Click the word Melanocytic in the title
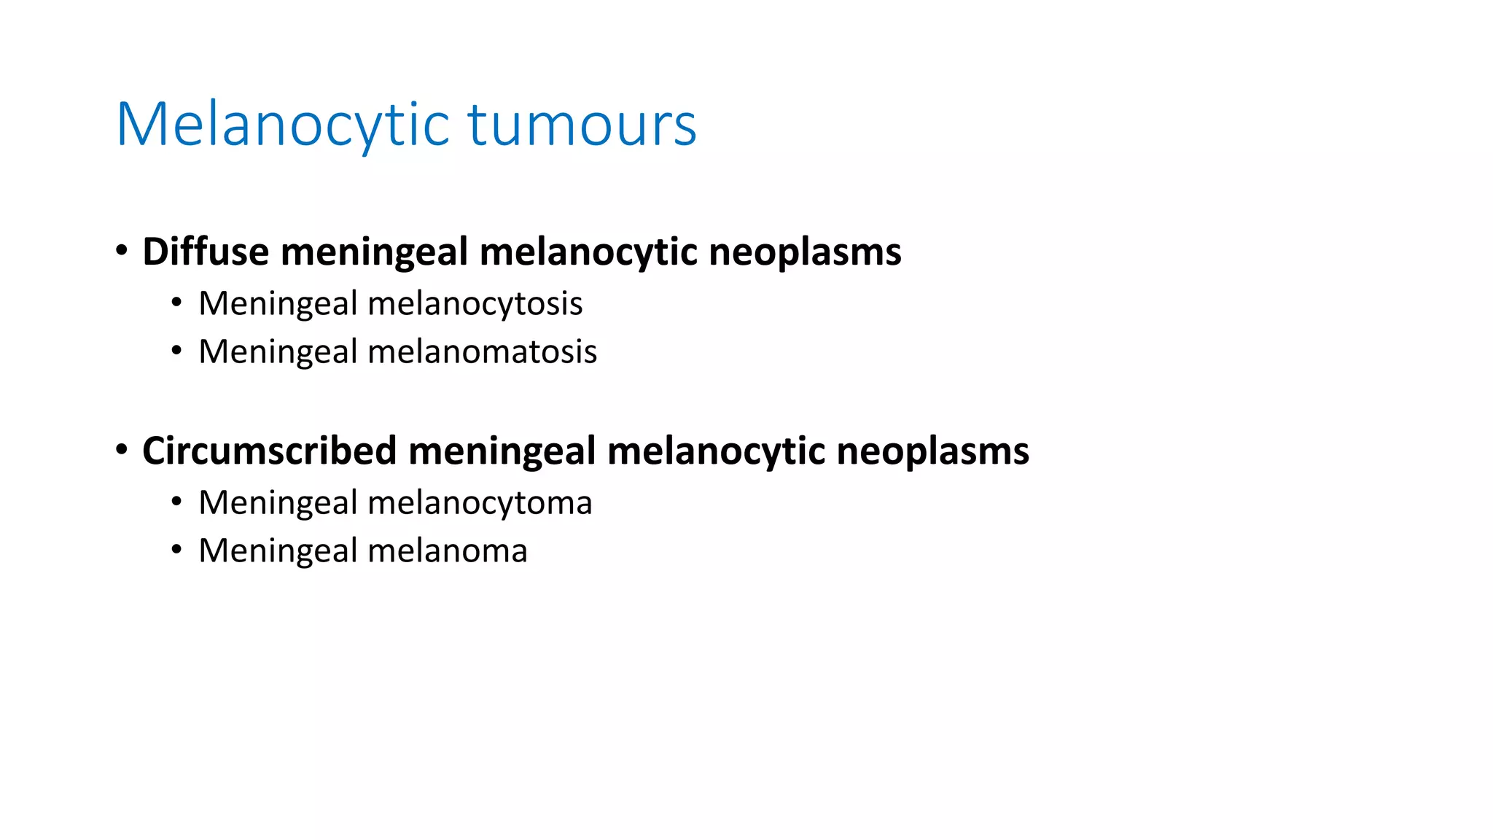coord(283,125)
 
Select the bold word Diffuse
coord(206,252)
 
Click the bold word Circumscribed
coord(269,451)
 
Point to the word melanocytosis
coord(475,303)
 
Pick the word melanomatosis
coord(482,351)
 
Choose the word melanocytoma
coord(480,502)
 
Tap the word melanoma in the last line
coord(447,551)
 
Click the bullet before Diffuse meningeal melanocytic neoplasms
coord(122,252)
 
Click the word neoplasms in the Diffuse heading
coord(805,252)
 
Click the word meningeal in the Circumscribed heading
coord(502,451)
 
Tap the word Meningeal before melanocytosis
coord(278,303)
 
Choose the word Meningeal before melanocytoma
coord(278,502)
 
